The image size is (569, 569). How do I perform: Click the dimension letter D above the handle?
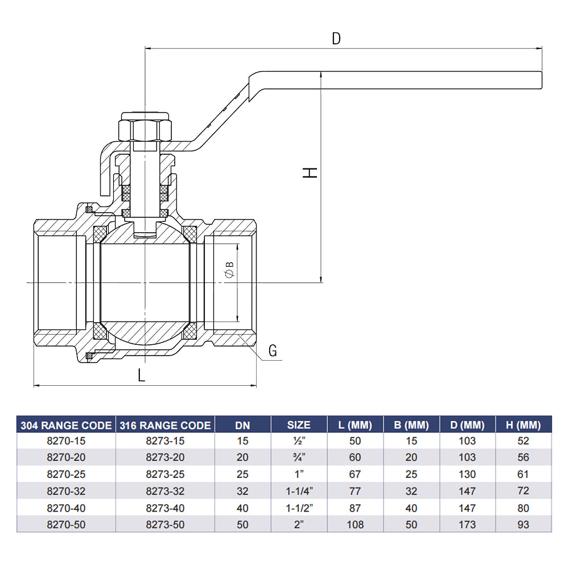coord(336,39)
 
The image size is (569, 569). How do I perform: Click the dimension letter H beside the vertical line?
coord(310,172)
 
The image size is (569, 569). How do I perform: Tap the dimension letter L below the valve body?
coord(142,374)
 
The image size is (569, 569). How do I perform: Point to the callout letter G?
coord(273,351)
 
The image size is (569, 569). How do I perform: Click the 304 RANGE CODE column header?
coord(66,425)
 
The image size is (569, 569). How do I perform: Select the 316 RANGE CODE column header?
coord(165,425)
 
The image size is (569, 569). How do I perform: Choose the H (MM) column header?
coord(523,425)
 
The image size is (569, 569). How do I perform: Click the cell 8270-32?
coord(66,490)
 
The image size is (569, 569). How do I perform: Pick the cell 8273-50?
coord(165,524)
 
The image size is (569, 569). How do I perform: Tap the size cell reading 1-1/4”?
coord(299,490)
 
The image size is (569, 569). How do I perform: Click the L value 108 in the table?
coord(355,524)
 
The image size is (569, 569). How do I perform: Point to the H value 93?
coord(523,524)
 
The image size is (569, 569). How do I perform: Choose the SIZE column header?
coord(299,425)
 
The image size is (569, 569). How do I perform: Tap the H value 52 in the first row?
coord(523,440)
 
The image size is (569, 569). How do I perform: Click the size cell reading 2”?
coord(299,524)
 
